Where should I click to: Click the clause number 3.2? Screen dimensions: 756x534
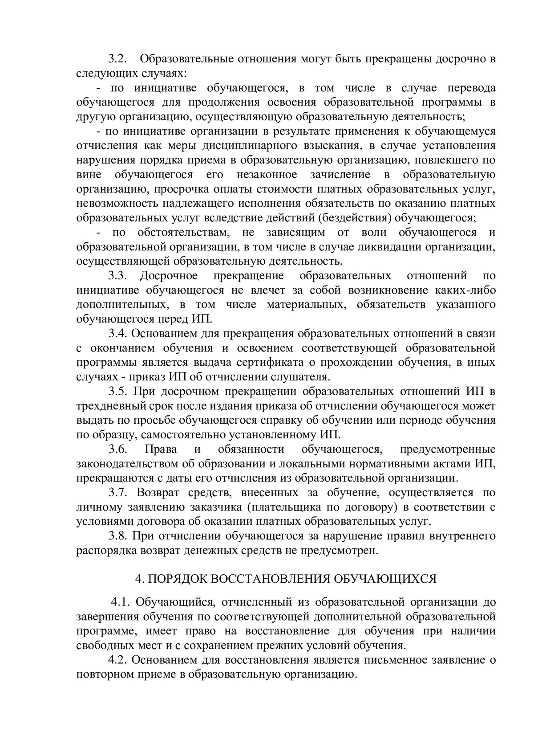tap(118, 59)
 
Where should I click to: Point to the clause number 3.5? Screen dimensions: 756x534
tap(118, 392)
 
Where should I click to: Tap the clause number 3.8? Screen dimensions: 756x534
tap(118, 535)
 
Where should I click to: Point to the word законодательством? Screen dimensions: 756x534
tap(127, 463)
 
